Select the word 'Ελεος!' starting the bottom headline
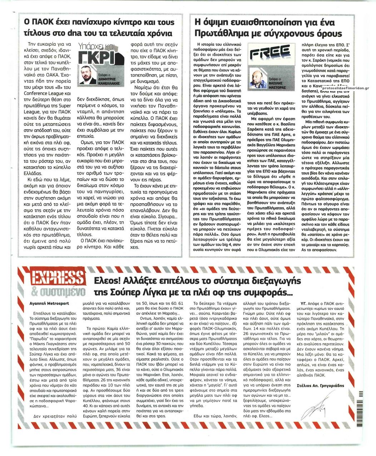(105, 280)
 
